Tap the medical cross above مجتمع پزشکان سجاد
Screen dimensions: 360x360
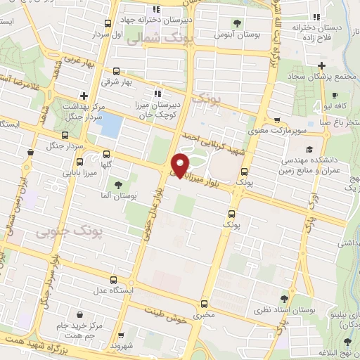point(321,65)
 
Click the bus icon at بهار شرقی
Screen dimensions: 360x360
point(116,71)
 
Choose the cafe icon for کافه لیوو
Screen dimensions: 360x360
point(335,95)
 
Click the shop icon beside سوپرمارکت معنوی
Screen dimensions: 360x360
point(278,120)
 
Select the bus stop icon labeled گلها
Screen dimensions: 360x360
point(107,154)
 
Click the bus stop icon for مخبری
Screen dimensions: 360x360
point(204,304)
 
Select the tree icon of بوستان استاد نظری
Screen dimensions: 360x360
point(284,298)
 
